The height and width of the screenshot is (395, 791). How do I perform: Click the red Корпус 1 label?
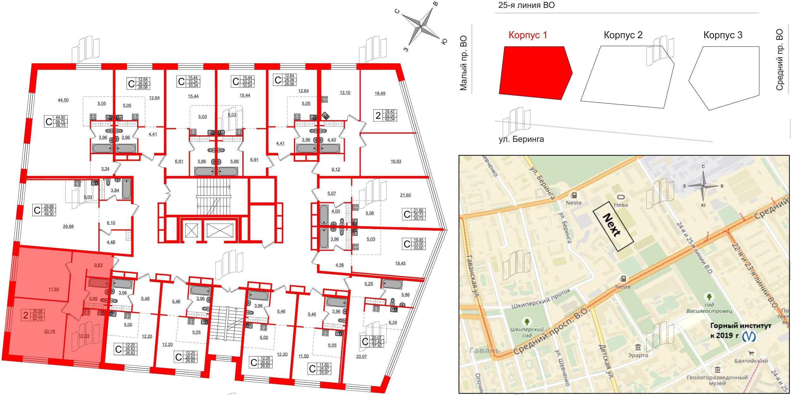pos(528,35)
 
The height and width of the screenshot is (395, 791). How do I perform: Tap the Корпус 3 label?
pos(723,35)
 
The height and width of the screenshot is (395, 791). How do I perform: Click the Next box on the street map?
pos(613,226)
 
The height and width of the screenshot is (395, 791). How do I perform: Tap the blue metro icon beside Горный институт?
pos(749,336)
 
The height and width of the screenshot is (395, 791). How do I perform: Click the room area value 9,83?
pos(98,265)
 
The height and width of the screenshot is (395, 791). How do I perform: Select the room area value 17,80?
pos(54,289)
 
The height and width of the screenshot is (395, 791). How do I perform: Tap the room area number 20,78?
pos(50,331)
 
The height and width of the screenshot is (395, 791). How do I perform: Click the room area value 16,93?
pos(396,161)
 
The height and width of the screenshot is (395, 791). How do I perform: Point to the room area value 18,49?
pos(380,94)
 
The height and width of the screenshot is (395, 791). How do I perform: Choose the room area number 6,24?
pos(393,323)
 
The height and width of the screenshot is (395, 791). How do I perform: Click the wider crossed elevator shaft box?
pos(220,230)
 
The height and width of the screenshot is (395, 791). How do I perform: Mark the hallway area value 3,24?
pos(105,169)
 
